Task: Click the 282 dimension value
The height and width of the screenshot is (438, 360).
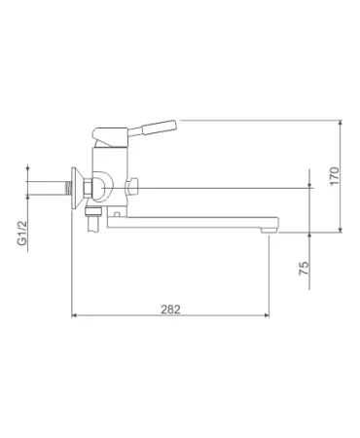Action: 170,310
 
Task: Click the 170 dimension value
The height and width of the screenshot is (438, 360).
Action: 335,176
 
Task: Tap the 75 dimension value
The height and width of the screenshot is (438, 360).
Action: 304,269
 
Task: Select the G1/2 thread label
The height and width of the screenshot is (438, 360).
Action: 22,233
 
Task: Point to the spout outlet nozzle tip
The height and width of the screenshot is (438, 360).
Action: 270,230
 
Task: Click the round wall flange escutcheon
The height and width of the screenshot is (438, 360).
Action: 75,188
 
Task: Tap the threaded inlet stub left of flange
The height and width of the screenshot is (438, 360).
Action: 68,188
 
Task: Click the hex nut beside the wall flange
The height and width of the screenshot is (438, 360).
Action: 89,188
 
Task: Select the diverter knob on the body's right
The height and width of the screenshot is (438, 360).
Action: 131,187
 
